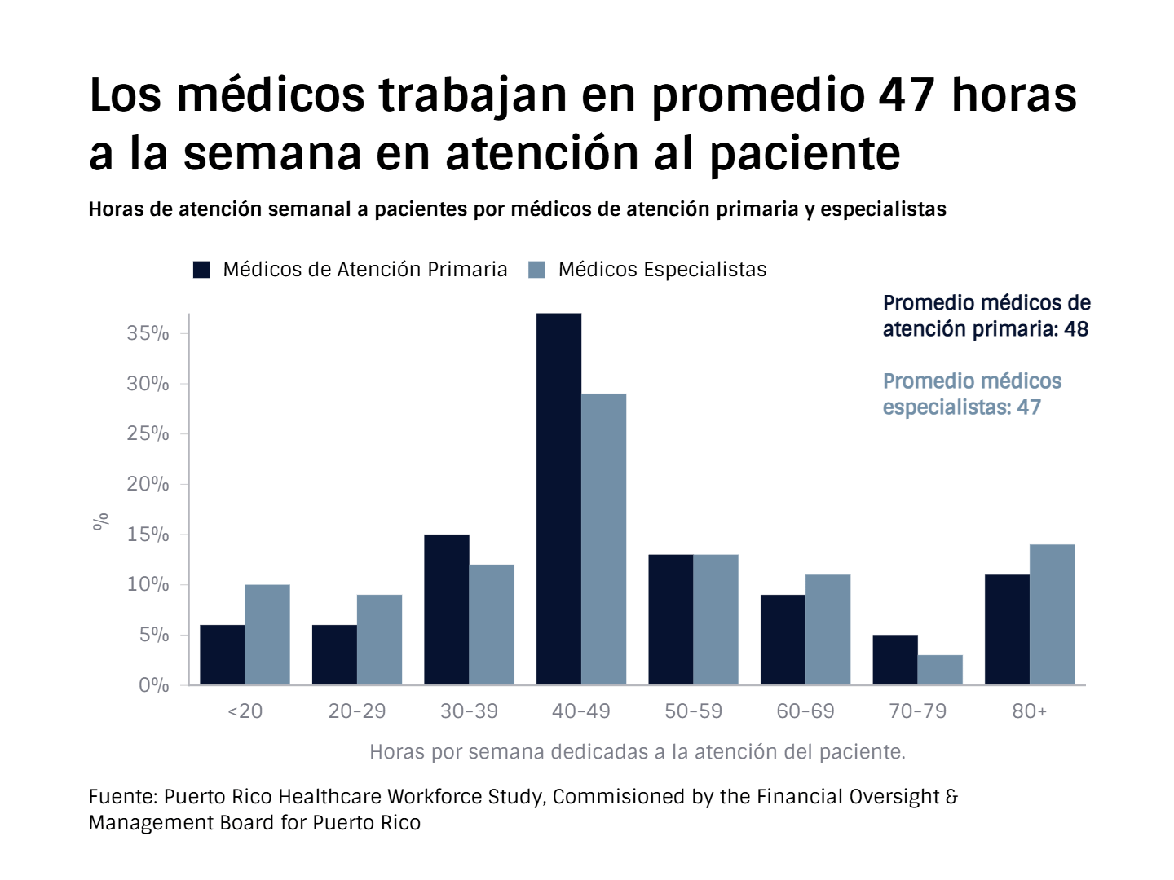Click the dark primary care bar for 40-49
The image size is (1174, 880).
tap(558, 499)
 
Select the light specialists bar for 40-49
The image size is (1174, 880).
tap(603, 539)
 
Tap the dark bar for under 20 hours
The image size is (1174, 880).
tap(222, 654)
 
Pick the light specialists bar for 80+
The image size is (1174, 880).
tap(1052, 614)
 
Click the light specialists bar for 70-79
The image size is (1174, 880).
tap(940, 670)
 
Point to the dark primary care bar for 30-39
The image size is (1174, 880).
tap(446, 609)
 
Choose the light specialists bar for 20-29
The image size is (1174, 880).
tap(379, 640)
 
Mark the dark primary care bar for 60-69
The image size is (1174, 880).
tap(783, 640)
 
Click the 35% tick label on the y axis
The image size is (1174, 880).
tap(148, 333)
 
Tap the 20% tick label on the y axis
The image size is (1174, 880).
tap(148, 484)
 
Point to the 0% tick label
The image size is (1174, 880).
tap(153, 685)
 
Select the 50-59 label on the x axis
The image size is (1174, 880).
tap(693, 711)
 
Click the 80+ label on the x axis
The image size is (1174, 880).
tap(1029, 711)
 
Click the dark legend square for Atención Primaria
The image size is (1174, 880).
tap(201, 270)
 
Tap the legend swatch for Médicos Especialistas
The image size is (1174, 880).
tap(536, 270)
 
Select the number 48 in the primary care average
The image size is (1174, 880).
tap(1076, 329)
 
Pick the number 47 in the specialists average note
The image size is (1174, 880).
tap(1029, 407)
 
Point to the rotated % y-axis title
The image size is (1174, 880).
tap(101, 521)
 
